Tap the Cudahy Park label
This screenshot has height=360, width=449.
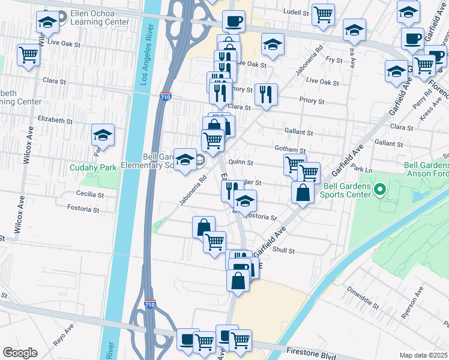coord(92,168)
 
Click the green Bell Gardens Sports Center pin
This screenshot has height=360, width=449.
coord(379,191)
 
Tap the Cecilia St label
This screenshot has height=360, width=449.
coord(91,193)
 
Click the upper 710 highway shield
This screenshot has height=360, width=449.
coord(167,97)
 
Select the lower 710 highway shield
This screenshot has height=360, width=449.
coord(150,305)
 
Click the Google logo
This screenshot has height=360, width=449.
coord(20,352)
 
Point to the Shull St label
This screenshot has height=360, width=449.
coord(283,251)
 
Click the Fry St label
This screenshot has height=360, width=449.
coord(334,59)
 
